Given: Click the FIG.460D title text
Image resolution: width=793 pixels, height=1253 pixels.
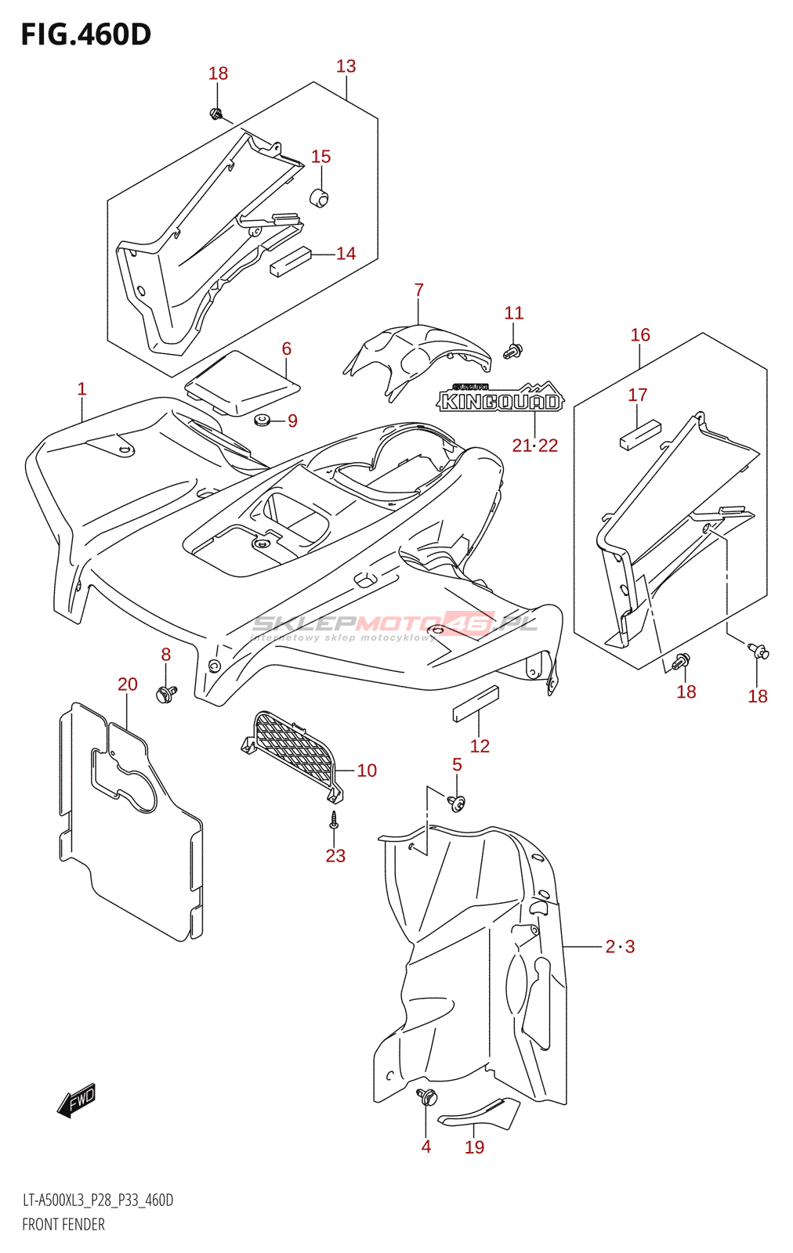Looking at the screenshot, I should [86, 34].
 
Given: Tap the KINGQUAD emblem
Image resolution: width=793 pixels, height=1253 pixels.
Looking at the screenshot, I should [499, 399].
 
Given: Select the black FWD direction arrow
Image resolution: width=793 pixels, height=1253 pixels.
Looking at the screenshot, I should [77, 1100].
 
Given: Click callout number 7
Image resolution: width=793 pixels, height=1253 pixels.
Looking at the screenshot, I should [419, 291].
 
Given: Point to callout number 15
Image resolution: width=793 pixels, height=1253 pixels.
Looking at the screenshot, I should [321, 157].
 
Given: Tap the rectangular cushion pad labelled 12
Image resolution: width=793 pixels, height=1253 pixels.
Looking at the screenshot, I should [476, 703].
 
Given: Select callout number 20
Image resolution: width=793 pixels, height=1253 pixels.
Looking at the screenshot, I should [128, 684].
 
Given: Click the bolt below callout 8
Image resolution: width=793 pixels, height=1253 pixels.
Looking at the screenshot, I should [166, 693].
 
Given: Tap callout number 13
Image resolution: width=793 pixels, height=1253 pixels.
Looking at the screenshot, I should [346, 67].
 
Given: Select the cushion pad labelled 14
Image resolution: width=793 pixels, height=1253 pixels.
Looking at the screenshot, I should [291, 261].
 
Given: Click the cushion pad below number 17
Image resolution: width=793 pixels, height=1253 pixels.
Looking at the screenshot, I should [640, 435].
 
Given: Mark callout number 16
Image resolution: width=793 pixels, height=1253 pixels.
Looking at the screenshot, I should [640, 335].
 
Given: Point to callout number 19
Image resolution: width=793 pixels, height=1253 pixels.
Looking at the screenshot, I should [475, 1147].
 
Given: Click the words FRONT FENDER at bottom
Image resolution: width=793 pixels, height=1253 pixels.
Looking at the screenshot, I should [63, 1225].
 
